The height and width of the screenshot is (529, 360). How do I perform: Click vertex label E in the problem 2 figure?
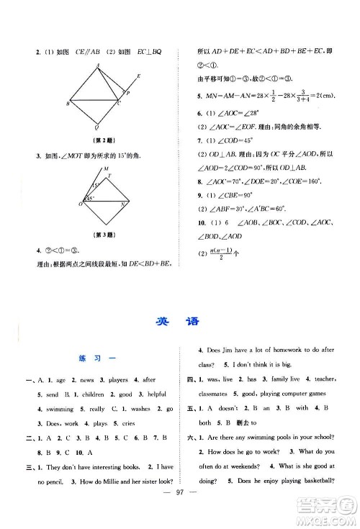click(138, 76)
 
